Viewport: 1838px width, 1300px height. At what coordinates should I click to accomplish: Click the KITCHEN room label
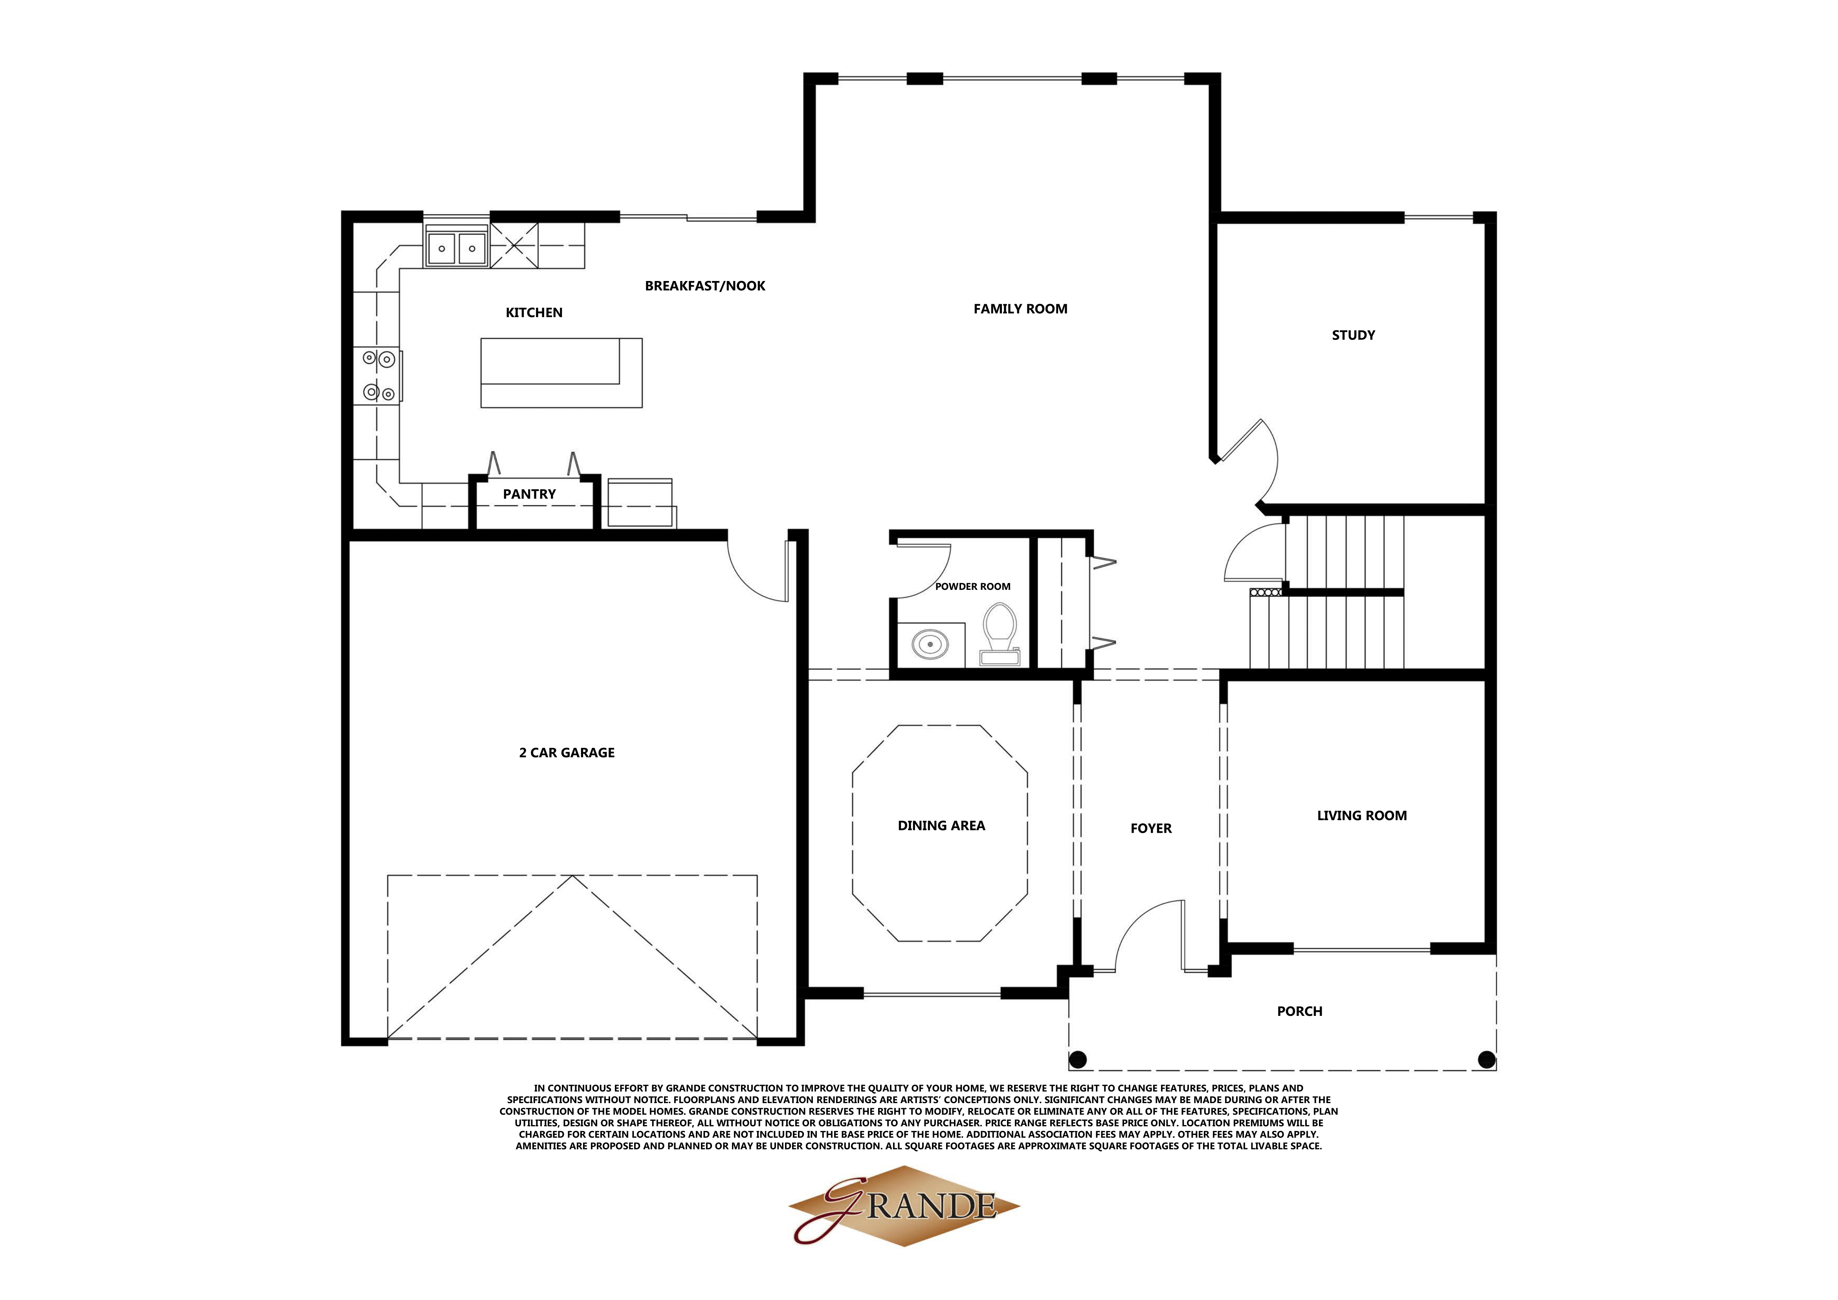click(534, 312)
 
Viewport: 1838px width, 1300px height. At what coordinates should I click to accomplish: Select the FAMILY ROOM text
click(1020, 309)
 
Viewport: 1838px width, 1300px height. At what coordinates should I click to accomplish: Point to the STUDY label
click(1353, 335)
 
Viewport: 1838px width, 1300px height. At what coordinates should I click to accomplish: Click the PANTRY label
click(529, 494)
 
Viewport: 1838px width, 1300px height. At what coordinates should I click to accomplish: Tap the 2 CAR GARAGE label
click(567, 753)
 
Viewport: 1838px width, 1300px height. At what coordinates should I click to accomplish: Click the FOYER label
click(1150, 828)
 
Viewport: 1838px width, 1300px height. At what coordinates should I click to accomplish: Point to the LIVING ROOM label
click(1362, 816)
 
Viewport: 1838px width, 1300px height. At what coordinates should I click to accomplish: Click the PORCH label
click(1299, 1011)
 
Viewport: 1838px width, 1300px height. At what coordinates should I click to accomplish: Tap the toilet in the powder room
click(1000, 632)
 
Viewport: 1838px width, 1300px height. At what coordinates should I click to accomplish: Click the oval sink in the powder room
click(930, 644)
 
